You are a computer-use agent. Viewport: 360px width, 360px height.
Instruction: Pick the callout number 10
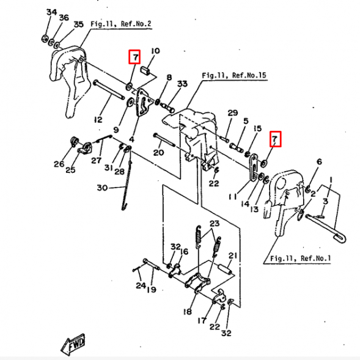155,51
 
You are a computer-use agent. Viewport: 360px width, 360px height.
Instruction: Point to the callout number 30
102,188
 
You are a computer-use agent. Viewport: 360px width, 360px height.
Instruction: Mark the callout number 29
232,113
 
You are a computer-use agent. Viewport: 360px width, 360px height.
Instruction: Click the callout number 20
158,153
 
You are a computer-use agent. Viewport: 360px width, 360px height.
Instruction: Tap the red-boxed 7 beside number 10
134,57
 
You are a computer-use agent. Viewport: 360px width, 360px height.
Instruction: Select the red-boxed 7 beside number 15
275,139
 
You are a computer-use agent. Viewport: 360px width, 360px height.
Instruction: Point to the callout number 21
232,255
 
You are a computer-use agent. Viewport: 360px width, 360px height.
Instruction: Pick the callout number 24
141,285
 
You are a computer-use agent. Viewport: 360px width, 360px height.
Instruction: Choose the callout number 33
182,84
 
